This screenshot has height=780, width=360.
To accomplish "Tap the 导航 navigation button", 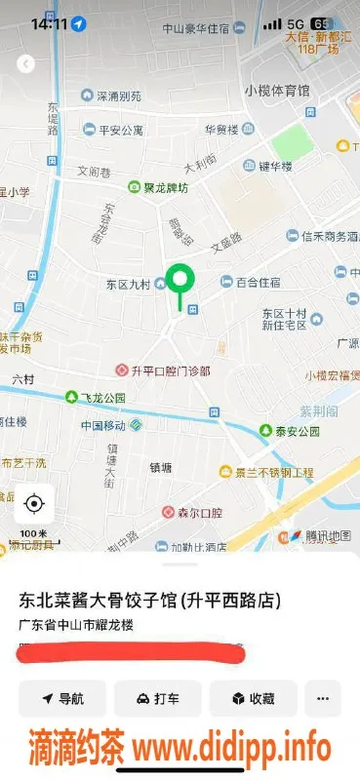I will (62, 698).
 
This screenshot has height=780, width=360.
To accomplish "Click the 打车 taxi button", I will (158, 698).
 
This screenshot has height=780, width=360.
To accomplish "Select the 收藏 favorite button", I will (253, 698).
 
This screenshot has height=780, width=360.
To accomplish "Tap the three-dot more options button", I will (323, 698).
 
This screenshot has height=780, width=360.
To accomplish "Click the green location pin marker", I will (179, 283).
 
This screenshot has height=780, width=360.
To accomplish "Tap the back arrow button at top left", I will (26, 63).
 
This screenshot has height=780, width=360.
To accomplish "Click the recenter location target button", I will (34, 503).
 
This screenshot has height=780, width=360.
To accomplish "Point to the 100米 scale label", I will (34, 534).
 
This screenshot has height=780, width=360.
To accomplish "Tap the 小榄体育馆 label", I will (277, 91).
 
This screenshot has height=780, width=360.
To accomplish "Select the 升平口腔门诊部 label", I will (164, 370).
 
